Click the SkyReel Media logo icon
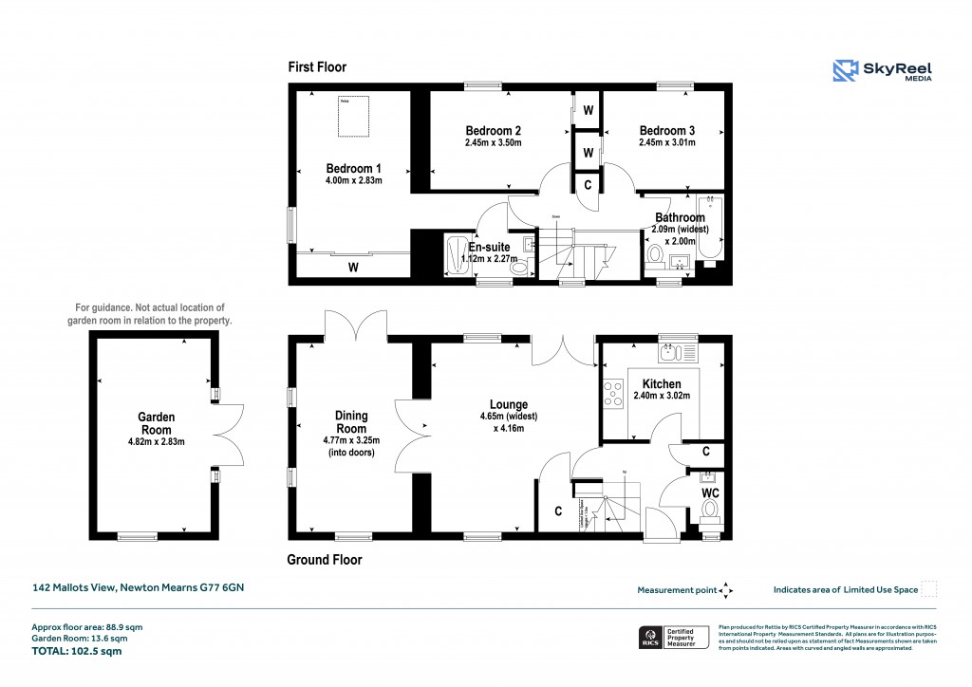[845, 71]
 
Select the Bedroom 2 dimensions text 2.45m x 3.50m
[493, 143]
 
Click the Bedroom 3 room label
[666, 131]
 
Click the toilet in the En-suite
[518, 269]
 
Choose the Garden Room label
[157, 423]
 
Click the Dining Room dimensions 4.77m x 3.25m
[350, 440]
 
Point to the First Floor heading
[317, 67]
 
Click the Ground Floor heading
[324, 560]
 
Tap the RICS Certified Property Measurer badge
[671, 637]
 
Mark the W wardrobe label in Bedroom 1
[352, 268]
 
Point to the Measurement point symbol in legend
[726, 590]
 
